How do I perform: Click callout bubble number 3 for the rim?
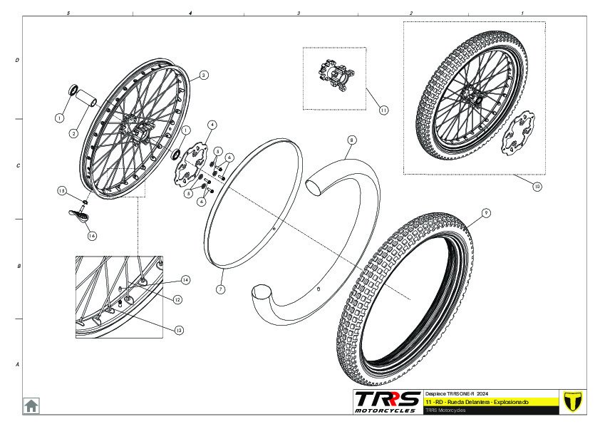204,75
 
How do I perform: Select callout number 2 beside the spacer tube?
73,133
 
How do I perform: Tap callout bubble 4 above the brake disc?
212,125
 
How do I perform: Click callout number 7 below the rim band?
221,290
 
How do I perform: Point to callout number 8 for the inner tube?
351,140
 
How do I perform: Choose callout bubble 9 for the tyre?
485,212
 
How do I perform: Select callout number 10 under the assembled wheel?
537,187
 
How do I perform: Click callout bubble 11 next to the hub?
383,110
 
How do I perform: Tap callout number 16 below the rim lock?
91,235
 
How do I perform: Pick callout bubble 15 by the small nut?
62,191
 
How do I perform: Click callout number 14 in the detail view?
186,279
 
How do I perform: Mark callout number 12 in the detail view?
177,300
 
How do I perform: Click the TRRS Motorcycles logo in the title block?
388,401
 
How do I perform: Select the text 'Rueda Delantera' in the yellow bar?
464,403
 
